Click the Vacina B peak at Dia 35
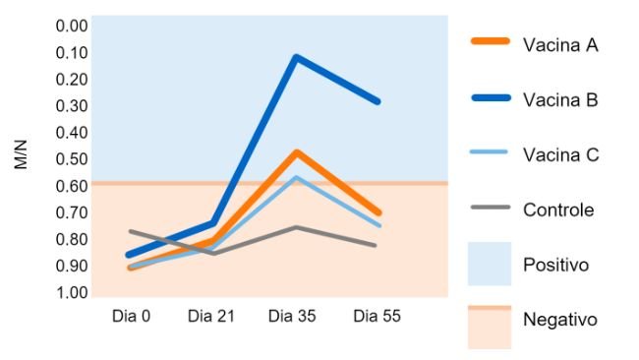[296, 57]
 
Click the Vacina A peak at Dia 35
[296, 152]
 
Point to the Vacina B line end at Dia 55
[378, 101]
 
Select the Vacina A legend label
[560, 44]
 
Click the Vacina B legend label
[560, 99]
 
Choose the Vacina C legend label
[561, 154]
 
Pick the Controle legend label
[558, 210]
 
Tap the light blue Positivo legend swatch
[489, 265]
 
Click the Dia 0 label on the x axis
[129, 316]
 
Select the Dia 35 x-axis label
[295, 316]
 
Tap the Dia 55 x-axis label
[378, 316]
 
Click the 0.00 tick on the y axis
[72, 26]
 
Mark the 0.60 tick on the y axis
[72, 186]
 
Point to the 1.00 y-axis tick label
[72, 292]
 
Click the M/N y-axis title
[22, 156]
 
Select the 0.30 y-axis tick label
[72, 105]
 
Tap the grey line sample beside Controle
[489, 209]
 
